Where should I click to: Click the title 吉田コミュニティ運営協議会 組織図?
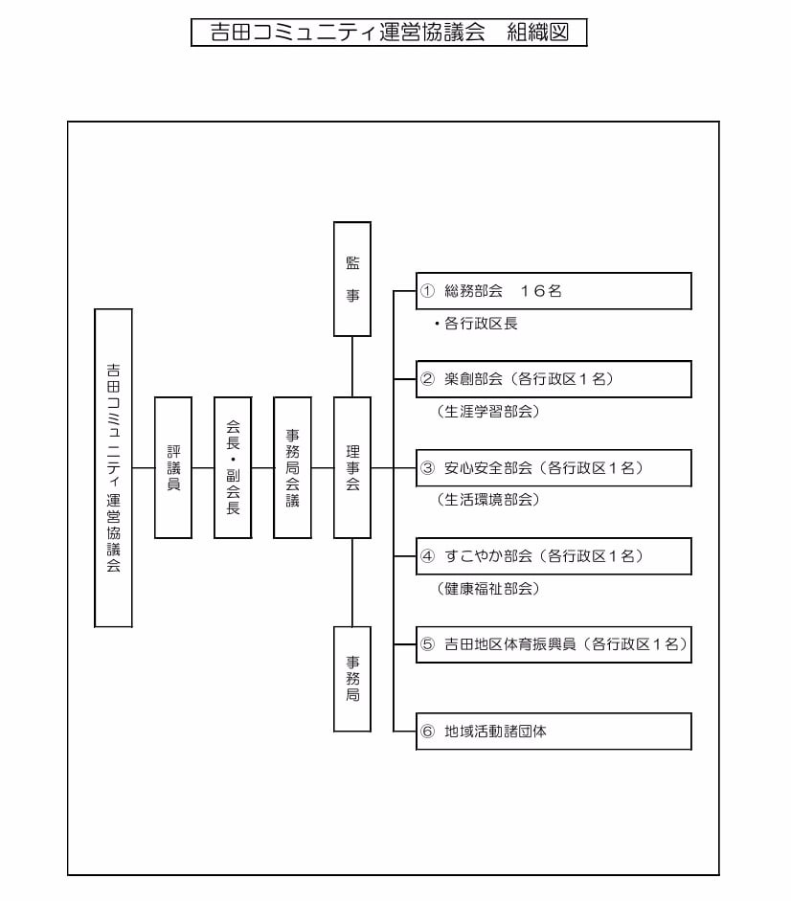pos(389,33)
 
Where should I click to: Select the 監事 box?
pos(352,279)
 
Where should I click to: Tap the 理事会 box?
pos(352,468)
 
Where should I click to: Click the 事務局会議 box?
pos(293,468)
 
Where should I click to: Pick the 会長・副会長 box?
pos(233,468)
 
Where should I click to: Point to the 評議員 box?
pos(173,468)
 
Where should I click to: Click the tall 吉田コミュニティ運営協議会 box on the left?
pos(113,468)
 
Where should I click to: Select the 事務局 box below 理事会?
pos(352,679)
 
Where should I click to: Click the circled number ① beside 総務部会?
pos(427,291)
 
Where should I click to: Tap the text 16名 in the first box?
pos(540,291)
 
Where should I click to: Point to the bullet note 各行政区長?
pos(477,324)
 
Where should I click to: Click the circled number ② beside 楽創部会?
pos(427,378)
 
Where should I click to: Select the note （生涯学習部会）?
pos(488,412)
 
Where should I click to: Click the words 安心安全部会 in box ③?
pos(488,468)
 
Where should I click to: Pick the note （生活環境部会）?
pos(488,500)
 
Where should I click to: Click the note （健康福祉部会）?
pos(488,589)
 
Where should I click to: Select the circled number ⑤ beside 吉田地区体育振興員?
pos(427,644)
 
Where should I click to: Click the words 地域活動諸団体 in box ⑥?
pos(495,732)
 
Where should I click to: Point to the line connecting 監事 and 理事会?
pos(352,367)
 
